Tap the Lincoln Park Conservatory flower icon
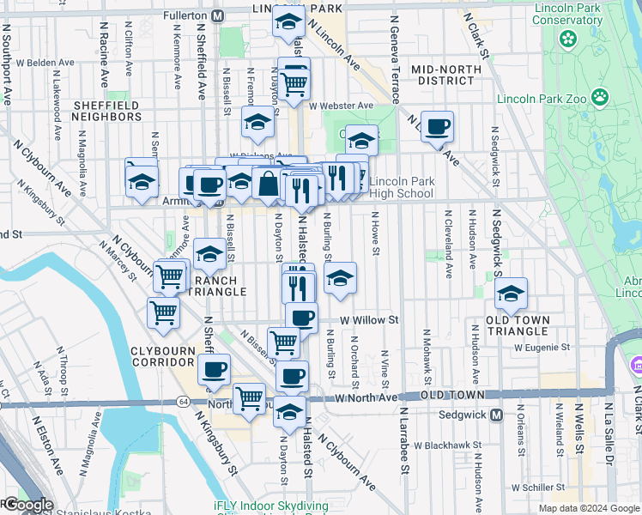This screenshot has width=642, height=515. tap(566, 39)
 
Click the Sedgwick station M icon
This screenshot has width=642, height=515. tap(496, 415)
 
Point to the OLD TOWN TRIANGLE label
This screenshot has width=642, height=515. tap(518, 325)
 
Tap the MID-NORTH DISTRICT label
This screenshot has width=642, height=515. tap(443, 74)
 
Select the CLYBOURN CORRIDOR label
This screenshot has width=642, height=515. tap(169, 356)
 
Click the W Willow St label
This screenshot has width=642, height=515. tap(370, 319)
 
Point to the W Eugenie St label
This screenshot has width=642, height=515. tap(542, 348)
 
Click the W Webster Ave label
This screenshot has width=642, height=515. tap(342, 106)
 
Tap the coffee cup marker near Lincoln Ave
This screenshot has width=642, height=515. tap(438, 126)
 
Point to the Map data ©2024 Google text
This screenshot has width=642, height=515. tap(588, 508)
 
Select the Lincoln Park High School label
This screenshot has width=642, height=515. tap(401, 187)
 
